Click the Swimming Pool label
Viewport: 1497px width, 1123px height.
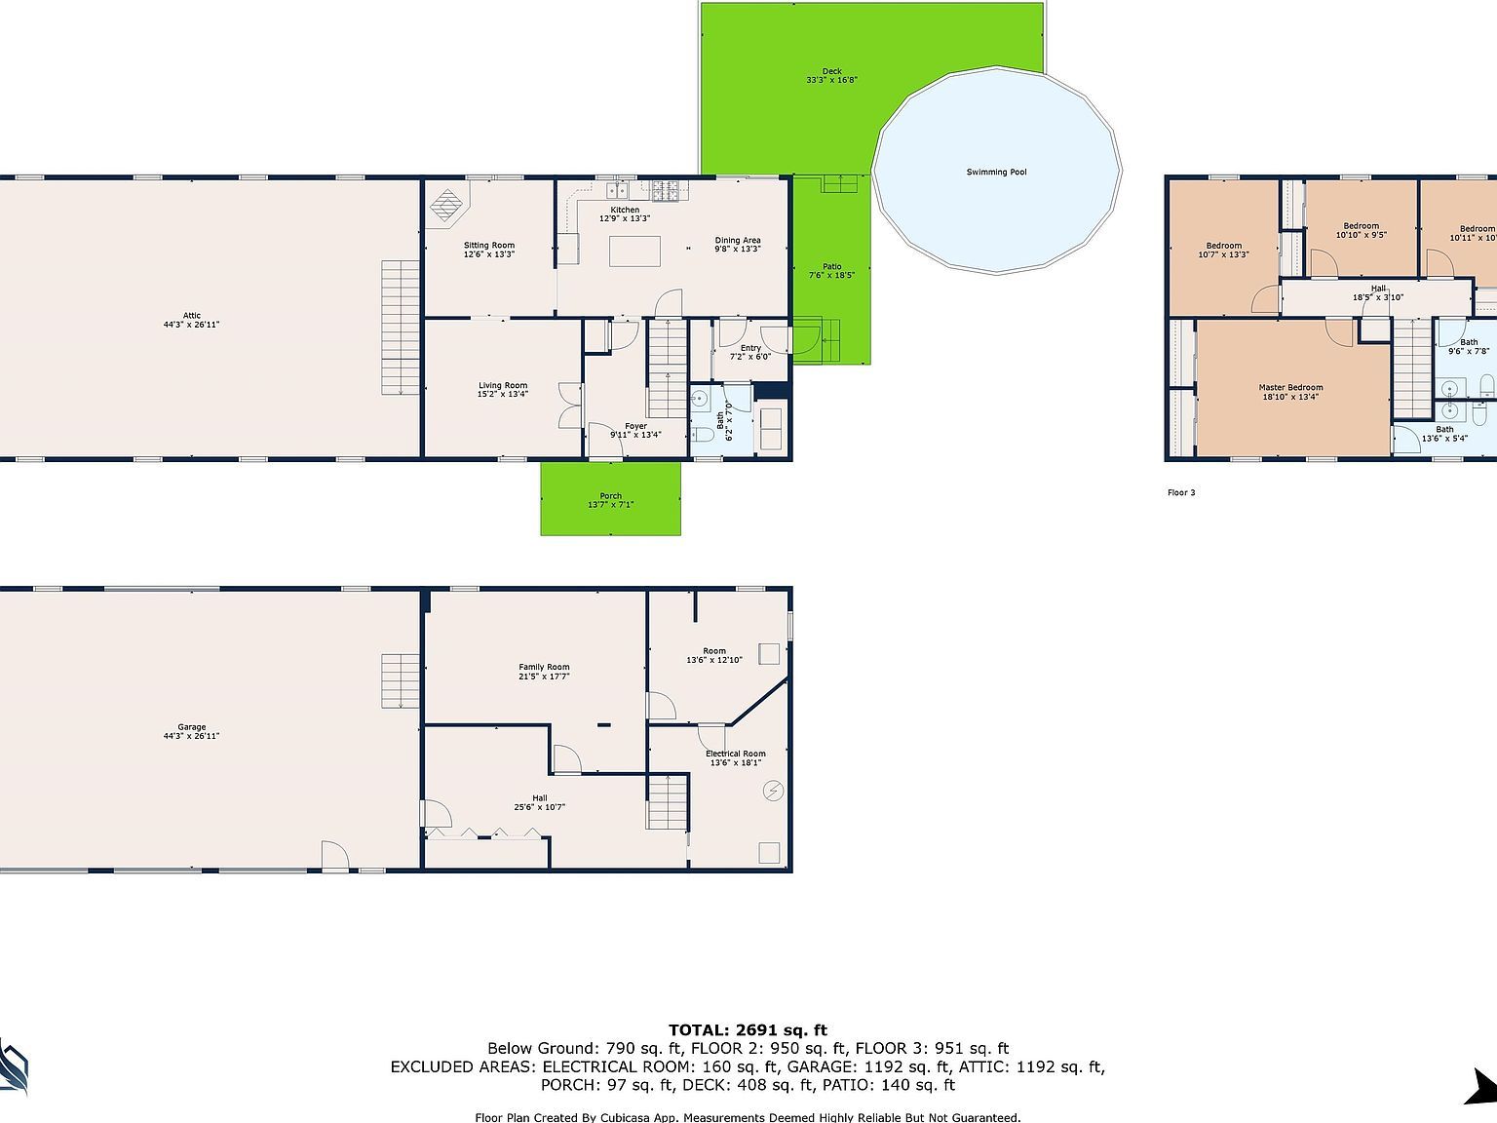point(996,173)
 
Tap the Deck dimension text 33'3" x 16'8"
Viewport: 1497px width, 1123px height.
point(831,81)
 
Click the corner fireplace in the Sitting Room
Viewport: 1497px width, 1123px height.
point(447,205)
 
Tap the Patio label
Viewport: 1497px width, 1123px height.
point(831,267)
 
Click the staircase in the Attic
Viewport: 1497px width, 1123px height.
point(400,327)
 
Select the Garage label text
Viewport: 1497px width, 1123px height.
point(192,727)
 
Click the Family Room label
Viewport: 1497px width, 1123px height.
point(544,668)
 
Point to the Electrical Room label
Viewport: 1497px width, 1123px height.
point(736,754)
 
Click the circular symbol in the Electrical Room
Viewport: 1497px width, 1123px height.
point(774,791)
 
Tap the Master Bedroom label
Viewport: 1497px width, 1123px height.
point(1291,387)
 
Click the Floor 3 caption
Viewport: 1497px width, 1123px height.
point(1181,493)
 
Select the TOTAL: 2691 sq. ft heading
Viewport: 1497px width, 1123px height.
point(748,1030)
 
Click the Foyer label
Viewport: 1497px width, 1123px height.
point(635,426)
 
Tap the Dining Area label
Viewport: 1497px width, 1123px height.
point(738,241)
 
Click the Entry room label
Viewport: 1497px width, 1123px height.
point(750,348)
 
